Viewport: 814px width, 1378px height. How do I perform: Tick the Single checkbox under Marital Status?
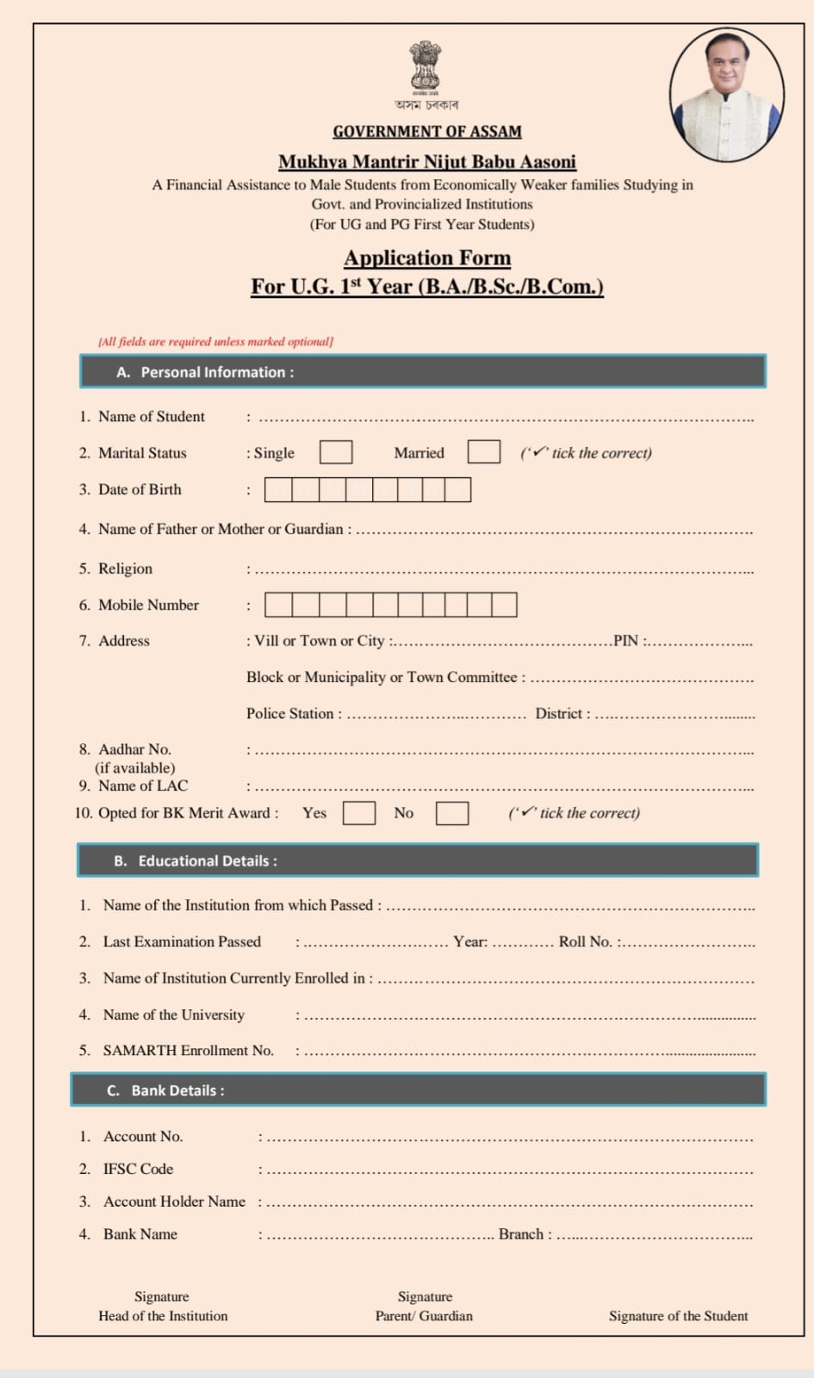click(336, 452)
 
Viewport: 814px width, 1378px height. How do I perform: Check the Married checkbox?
click(484, 452)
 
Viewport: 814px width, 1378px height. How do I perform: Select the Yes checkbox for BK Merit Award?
click(359, 813)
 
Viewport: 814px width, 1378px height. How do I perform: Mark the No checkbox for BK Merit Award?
click(452, 813)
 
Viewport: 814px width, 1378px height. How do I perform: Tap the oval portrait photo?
click(727, 96)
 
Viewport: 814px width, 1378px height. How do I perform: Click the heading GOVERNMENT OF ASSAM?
click(427, 132)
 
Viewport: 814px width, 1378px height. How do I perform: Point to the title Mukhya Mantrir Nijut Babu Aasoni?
click(427, 162)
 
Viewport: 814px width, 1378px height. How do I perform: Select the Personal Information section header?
click(422, 372)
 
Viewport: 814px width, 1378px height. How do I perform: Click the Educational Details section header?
click(418, 860)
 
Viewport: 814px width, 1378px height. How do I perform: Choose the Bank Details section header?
click(418, 1090)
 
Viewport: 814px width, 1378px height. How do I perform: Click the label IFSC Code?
click(138, 1169)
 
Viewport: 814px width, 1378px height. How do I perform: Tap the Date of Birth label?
click(140, 489)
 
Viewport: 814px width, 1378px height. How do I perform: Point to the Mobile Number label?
click(148, 605)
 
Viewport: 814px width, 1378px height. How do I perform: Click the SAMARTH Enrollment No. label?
click(188, 1051)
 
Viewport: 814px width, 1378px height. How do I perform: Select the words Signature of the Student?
click(678, 1316)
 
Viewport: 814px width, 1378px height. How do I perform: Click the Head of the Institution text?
click(163, 1316)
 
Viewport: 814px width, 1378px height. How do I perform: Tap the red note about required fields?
click(216, 342)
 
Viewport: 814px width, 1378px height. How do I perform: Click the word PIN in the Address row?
click(625, 641)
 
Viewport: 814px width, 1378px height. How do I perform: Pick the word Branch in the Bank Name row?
click(521, 1234)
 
